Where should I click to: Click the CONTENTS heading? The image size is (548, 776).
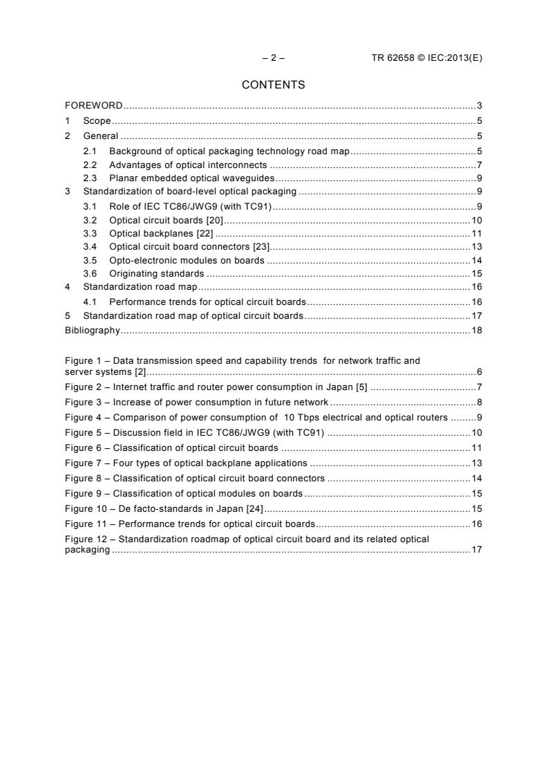(x=273, y=85)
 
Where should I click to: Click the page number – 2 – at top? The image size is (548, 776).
(x=273, y=58)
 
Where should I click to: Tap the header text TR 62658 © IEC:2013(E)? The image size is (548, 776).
(x=426, y=58)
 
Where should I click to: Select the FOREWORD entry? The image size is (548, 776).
(x=93, y=106)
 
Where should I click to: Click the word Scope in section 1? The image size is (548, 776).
(x=97, y=121)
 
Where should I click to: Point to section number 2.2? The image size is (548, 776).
(x=90, y=165)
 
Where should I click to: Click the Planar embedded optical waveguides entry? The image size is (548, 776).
(x=191, y=178)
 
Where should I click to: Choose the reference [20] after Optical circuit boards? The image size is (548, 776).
(x=214, y=220)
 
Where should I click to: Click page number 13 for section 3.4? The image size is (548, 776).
(x=476, y=247)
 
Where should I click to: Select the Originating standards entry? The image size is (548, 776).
(x=156, y=274)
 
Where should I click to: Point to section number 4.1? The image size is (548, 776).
(x=90, y=302)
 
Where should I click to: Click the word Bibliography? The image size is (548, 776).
(x=92, y=331)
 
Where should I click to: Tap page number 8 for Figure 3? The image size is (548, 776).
(x=479, y=402)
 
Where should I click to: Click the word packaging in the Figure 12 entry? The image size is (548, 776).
(x=86, y=550)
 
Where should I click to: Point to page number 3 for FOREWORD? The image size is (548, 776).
(x=479, y=106)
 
